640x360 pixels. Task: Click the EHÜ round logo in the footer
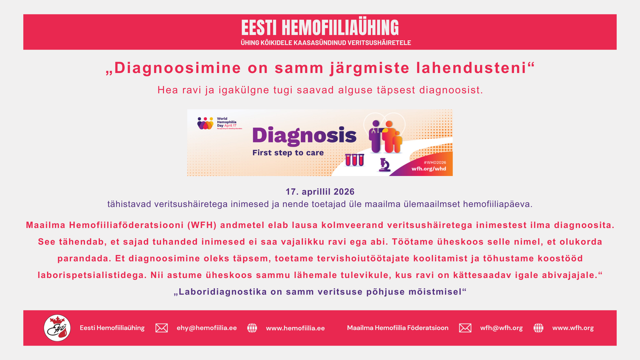point(57,328)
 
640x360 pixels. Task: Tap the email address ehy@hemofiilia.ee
point(207,328)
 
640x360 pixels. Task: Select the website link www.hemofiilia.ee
point(295,328)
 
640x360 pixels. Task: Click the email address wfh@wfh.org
point(501,328)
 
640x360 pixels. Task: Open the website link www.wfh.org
point(573,328)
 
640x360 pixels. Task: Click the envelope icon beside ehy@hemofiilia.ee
point(162,328)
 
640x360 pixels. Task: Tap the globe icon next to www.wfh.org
point(538,328)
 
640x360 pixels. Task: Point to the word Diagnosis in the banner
point(304,136)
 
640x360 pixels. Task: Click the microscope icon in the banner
point(385,165)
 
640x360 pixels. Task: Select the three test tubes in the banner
point(354,160)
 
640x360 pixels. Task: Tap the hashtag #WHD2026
point(435,163)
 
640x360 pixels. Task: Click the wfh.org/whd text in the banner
point(429,169)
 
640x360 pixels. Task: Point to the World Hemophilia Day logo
point(220,123)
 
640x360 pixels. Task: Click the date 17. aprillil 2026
point(320,192)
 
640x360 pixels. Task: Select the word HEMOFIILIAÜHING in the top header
point(340,28)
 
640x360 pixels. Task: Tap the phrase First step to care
point(288,153)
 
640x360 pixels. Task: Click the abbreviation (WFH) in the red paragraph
point(202,225)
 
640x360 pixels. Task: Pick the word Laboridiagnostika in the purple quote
point(223,292)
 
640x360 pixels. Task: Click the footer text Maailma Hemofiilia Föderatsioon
point(398,328)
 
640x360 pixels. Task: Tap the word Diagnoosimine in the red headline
point(177,68)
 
